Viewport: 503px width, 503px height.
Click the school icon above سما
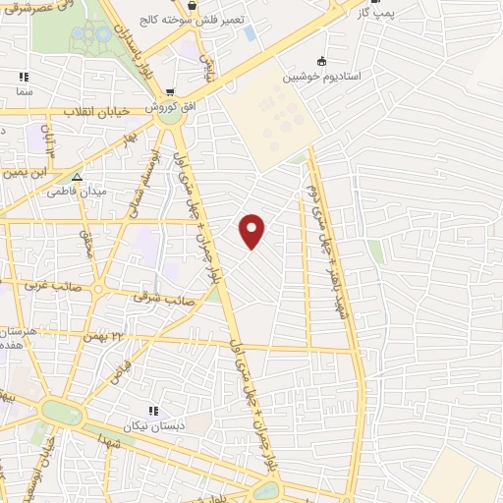click(x=24, y=76)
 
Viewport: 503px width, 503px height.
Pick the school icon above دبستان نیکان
click(x=152, y=411)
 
